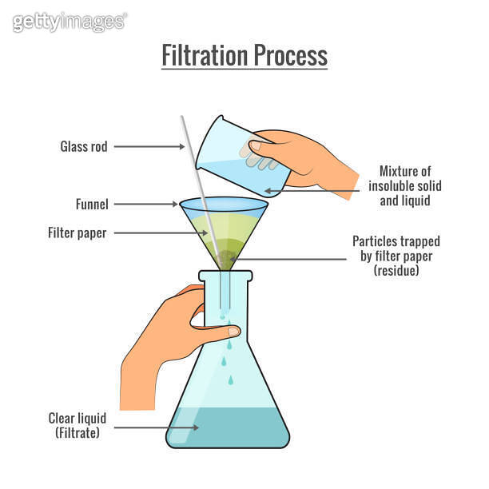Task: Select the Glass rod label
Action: click(84, 146)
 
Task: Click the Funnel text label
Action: click(93, 205)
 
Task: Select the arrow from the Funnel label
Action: click(148, 205)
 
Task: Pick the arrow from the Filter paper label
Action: click(156, 233)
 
